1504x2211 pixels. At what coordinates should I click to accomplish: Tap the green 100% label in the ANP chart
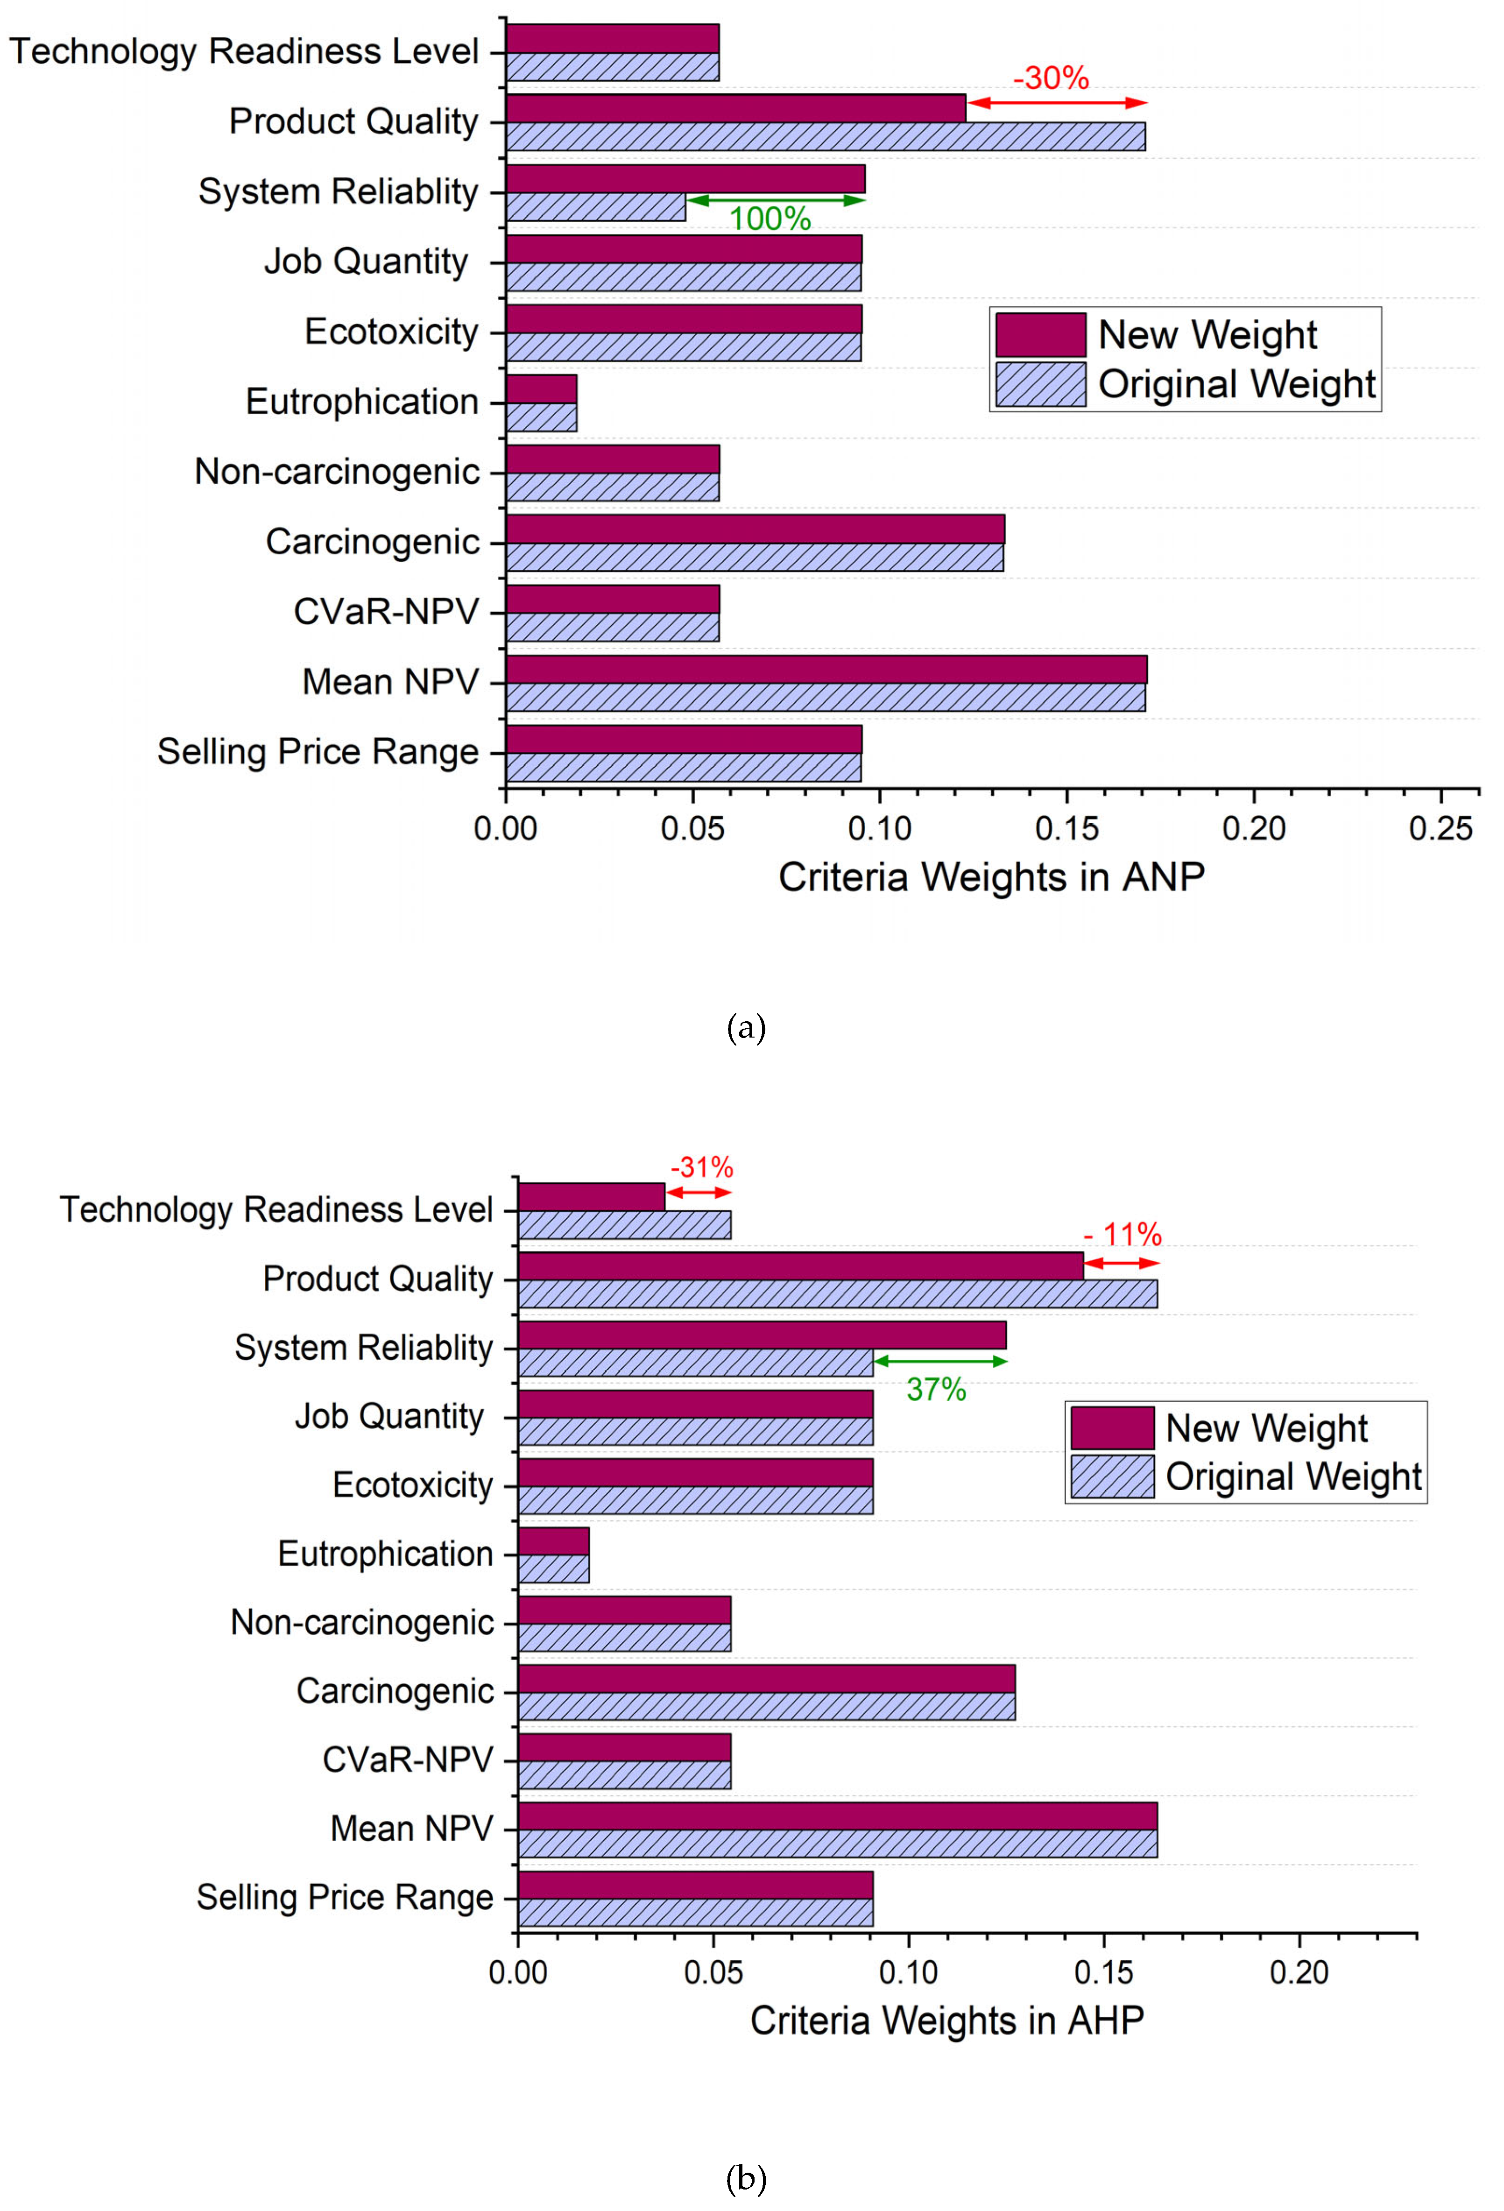point(770,219)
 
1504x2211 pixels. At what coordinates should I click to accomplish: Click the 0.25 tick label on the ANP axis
point(1440,829)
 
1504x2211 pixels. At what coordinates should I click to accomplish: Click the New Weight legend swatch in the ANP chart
point(1041,335)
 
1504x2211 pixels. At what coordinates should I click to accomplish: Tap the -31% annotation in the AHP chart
point(702,1167)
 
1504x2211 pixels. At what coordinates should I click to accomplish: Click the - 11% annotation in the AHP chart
point(1123,1235)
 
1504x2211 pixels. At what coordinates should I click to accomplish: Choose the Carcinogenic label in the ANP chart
point(372,542)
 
